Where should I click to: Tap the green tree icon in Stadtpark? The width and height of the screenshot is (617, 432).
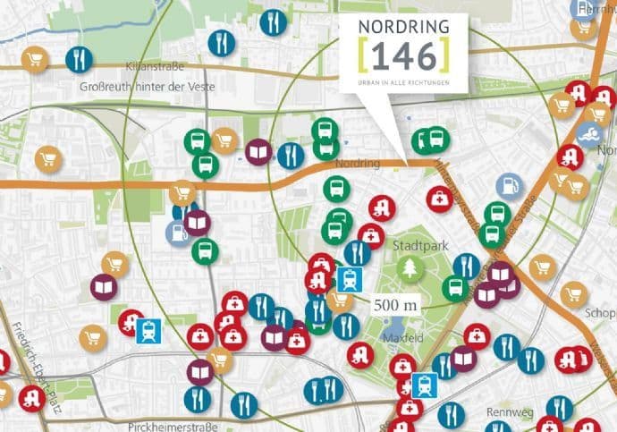click(x=411, y=267)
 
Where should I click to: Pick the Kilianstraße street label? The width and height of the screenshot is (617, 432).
click(x=151, y=67)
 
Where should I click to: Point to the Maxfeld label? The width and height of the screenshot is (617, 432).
click(x=394, y=340)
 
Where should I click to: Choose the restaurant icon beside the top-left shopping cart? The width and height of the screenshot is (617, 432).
click(x=79, y=59)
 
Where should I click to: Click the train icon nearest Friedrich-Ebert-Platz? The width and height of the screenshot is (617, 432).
click(x=148, y=332)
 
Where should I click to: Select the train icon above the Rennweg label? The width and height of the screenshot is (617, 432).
click(x=424, y=385)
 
